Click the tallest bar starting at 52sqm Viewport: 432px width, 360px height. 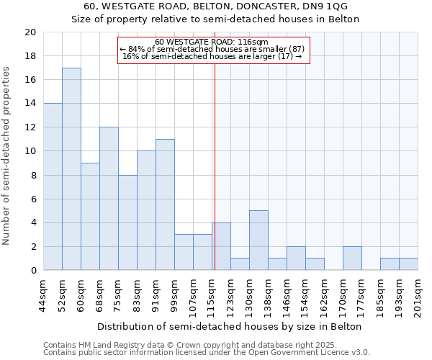(x=71, y=169)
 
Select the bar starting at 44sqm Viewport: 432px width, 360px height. (x=53, y=187)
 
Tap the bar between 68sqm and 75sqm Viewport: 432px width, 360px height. (x=109, y=199)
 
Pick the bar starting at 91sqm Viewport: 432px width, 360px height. (x=165, y=204)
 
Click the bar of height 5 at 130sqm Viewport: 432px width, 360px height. (x=258, y=240)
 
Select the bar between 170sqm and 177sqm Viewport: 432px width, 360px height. (x=352, y=258)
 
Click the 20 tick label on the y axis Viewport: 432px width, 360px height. (x=30, y=32)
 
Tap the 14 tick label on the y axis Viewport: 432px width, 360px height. (x=30, y=104)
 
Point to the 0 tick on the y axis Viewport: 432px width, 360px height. (x=32, y=271)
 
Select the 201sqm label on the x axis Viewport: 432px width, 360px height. (x=418, y=295)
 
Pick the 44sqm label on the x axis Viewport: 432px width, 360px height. (x=44, y=293)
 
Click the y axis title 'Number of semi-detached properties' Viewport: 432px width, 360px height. (x=7, y=156)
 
